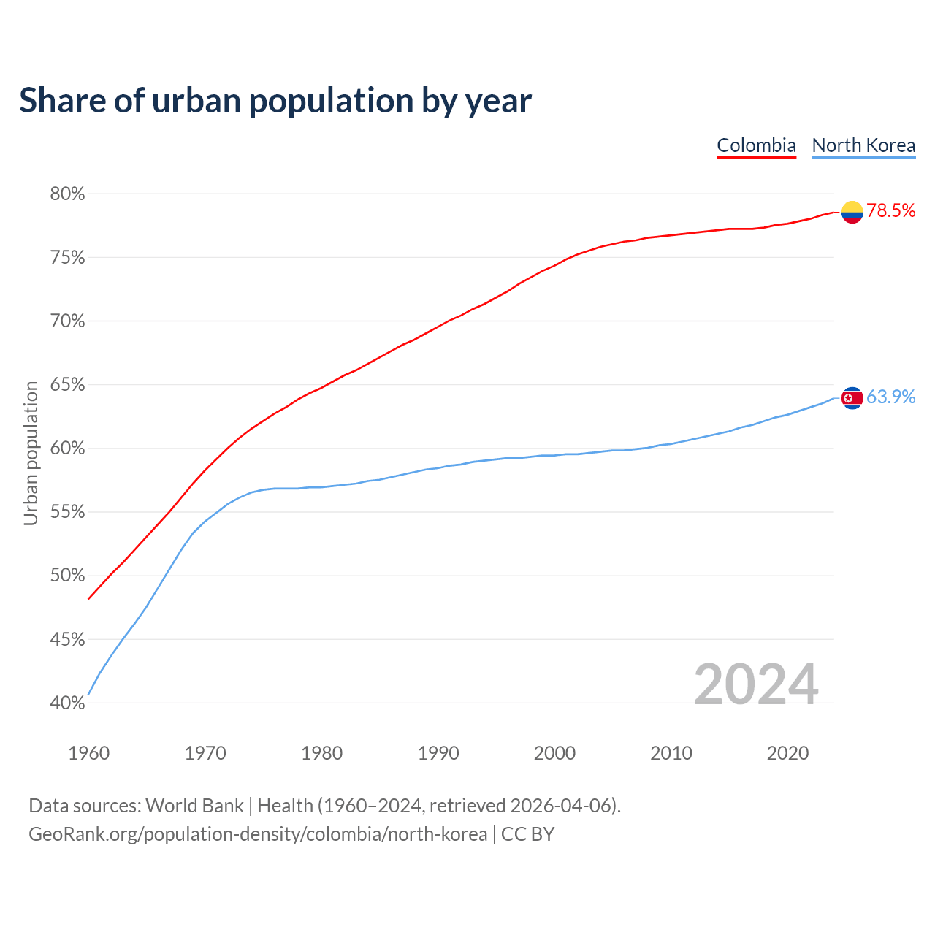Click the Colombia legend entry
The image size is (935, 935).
pyautogui.click(x=756, y=145)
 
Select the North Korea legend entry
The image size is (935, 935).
pyautogui.click(x=863, y=145)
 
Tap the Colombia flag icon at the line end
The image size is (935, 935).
pyautogui.click(x=852, y=212)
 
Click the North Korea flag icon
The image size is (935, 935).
pyautogui.click(x=852, y=398)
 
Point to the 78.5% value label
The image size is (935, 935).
pyautogui.click(x=891, y=211)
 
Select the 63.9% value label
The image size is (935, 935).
pyautogui.click(x=891, y=397)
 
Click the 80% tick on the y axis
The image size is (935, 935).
pyautogui.click(x=67, y=194)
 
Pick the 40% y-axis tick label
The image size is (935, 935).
pyautogui.click(x=67, y=703)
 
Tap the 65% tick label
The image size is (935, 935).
pyautogui.click(x=67, y=385)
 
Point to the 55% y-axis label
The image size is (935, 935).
pyautogui.click(x=67, y=512)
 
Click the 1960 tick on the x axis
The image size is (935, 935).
pyautogui.click(x=89, y=753)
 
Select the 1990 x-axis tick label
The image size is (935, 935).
pyautogui.click(x=438, y=753)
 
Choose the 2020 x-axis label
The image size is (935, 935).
pyautogui.click(x=787, y=753)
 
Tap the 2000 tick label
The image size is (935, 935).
pyautogui.click(x=554, y=753)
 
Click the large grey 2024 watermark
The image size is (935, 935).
pyautogui.click(x=755, y=684)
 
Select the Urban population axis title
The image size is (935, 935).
pyautogui.click(x=31, y=453)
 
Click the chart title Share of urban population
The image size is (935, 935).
pyautogui.click(x=275, y=101)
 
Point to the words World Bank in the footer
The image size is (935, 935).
pyautogui.click(x=194, y=806)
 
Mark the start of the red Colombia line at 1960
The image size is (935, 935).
pyautogui.click(x=89, y=598)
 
